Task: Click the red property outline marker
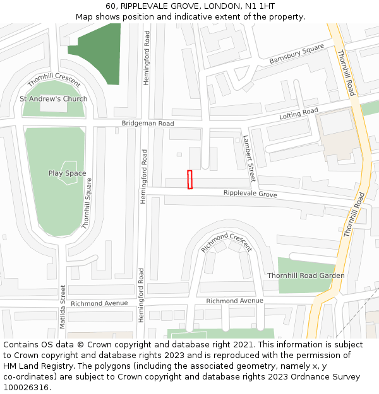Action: (x=189, y=179)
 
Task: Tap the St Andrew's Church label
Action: (x=54, y=99)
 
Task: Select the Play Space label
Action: (x=67, y=173)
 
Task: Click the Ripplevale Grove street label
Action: (x=250, y=194)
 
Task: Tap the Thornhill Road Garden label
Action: (x=306, y=275)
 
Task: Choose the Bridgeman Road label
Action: (x=148, y=124)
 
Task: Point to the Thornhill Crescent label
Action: (x=54, y=80)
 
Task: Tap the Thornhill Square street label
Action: (x=87, y=203)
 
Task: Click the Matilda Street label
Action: (x=63, y=306)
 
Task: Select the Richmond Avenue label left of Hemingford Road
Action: (x=99, y=303)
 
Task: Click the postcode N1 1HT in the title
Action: (x=258, y=6)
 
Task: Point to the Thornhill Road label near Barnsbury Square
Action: (x=346, y=72)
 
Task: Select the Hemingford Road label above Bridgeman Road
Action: (x=147, y=59)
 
